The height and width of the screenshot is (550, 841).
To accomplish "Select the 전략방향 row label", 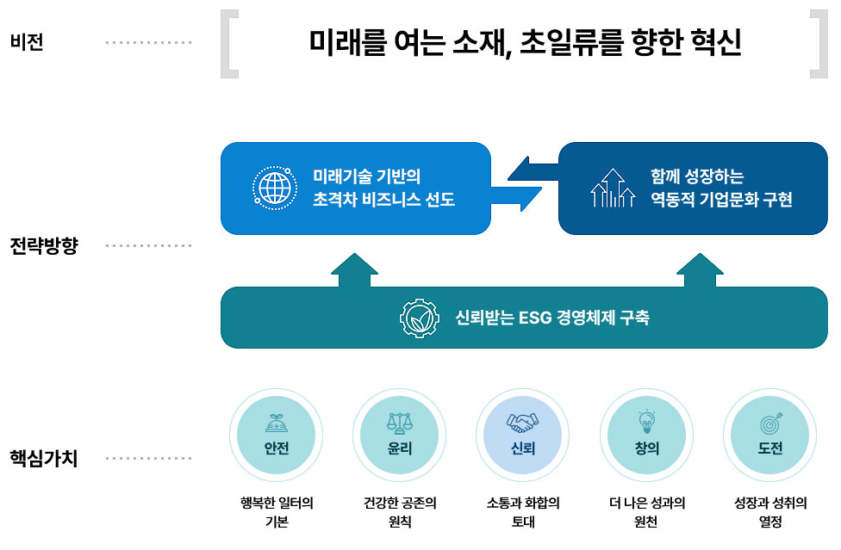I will (x=43, y=246).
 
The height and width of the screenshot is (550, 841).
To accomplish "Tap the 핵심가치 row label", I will (x=43, y=458).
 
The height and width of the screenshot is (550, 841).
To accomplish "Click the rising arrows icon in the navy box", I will (x=612, y=188).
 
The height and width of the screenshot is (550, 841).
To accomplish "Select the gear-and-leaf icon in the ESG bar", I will (x=420, y=318).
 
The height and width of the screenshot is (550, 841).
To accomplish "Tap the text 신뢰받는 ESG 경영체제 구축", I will (x=552, y=318).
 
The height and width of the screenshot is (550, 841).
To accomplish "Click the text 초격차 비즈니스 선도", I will (x=384, y=201).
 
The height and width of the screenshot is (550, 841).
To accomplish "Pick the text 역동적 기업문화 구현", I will (x=721, y=201).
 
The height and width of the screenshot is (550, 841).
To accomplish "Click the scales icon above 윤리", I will (x=400, y=422).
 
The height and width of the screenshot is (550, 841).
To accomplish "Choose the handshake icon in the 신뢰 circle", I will (x=523, y=422).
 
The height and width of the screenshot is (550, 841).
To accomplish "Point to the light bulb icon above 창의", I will (x=646, y=421).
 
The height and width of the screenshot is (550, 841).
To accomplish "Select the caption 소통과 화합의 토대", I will (x=523, y=512).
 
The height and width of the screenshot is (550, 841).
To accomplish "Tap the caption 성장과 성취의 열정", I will (x=770, y=512).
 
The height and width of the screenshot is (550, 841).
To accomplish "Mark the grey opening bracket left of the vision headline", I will (x=229, y=43).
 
